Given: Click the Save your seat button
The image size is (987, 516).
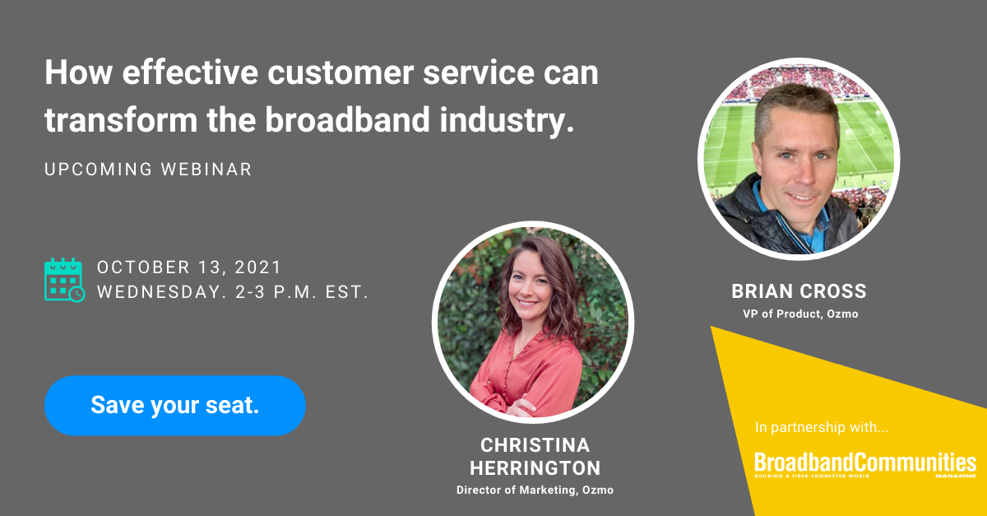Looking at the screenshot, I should (174, 405).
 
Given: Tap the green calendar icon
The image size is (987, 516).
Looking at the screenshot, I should (63, 280).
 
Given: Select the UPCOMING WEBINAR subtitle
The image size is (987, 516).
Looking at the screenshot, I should (148, 170).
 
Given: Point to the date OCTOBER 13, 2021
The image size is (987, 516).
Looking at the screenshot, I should (189, 267).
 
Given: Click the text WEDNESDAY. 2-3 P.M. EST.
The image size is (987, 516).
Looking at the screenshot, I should (233, 292).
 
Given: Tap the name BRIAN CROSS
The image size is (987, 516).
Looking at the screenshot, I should (799, 291).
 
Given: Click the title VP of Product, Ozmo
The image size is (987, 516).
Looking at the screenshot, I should (799, 314).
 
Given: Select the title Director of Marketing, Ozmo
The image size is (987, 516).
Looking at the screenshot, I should (535, 490).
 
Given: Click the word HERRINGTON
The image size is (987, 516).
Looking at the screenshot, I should (535, 468).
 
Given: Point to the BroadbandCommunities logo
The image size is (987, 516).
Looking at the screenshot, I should (865, 463).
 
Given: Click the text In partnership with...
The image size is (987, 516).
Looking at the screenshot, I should (822, 428).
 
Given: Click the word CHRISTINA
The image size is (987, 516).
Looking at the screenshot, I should (535, 445).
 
